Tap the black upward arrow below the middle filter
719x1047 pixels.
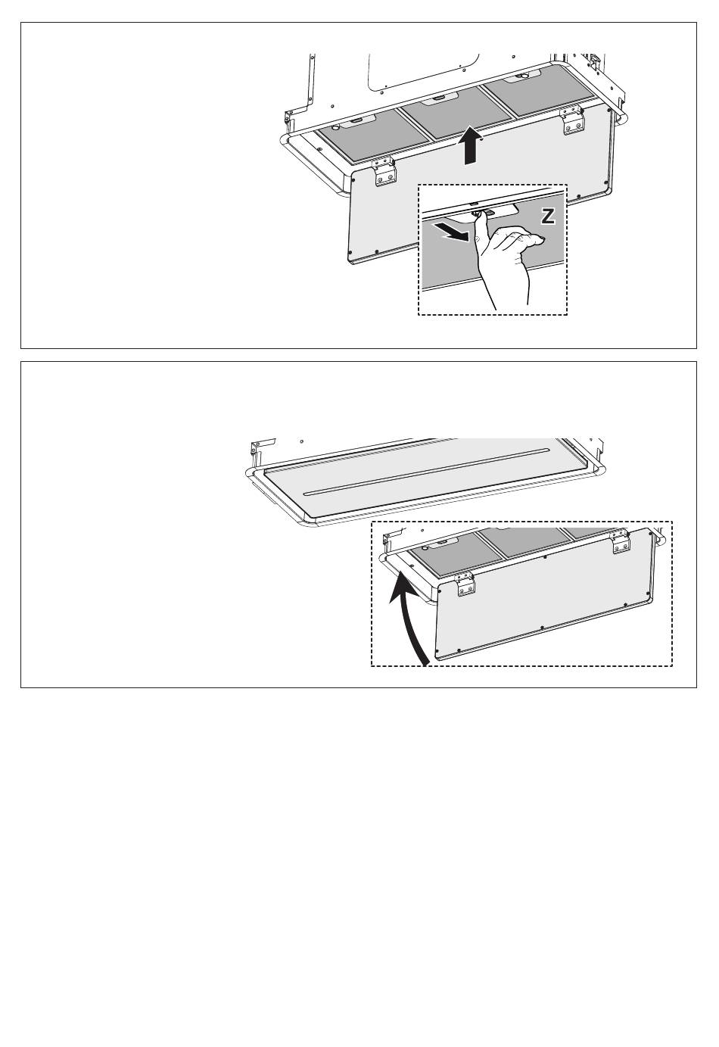point(472,146)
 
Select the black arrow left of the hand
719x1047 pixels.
point(452,232)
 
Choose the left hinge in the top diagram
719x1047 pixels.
point(385,170)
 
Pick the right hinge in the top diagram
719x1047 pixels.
point(573,120)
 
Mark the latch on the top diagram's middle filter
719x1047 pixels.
point(438,98)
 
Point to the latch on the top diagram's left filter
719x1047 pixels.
point(355,122)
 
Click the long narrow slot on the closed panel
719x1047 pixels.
point(426,472)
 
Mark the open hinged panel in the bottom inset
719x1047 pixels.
point(544,594)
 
